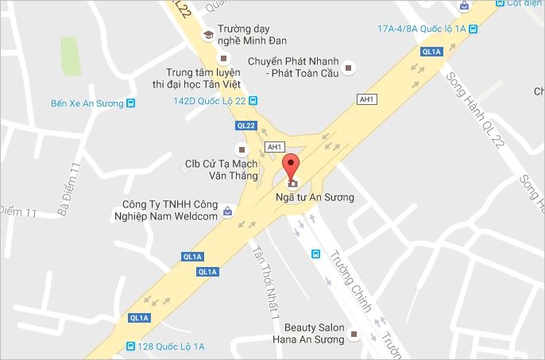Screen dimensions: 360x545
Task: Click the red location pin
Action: (292, 166)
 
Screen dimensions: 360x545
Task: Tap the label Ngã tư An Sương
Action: (314, 196)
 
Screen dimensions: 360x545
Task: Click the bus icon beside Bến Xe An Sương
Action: (130, 103)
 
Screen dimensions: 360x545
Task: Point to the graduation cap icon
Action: (208, 34)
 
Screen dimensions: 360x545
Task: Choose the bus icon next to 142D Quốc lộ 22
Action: (253, 100)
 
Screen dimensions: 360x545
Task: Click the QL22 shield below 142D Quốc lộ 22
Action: (247, 126)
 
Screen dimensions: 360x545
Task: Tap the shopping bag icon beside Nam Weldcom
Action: (228, 211)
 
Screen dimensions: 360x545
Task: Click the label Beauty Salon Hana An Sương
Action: (311, 333)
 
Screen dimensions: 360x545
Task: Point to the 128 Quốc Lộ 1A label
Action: (172, 346)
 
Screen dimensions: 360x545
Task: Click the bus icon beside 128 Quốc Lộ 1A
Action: (130, 346)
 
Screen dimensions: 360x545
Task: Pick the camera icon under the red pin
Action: (292, 183)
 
